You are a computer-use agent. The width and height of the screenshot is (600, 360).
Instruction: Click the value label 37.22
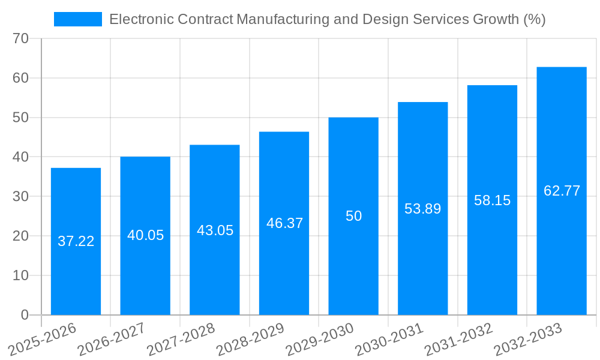[x=76, y=241]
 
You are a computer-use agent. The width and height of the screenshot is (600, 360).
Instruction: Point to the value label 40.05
[x=145, y=235]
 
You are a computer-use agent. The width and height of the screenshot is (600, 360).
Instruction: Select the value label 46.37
[x=284, y=223]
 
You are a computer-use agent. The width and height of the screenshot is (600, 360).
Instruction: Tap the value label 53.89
[x=422, y=209]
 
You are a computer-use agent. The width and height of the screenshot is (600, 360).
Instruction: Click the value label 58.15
[x=492, y=200]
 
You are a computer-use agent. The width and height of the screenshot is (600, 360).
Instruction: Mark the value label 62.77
[x=562, y=191]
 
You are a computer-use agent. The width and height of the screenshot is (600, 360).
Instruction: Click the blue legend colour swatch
[x=77, y=19]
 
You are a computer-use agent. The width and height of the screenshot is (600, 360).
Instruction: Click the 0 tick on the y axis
[x=25, y=315]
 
